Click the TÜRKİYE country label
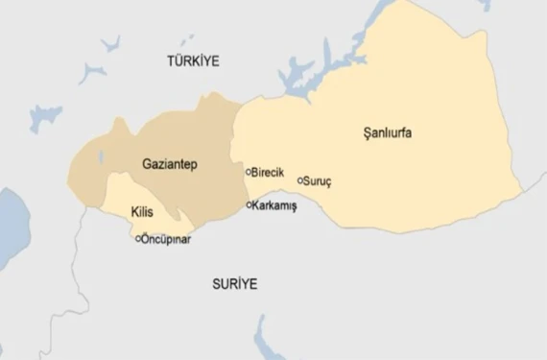point(193,60)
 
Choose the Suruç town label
point(318,180)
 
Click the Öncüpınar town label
point(167,238)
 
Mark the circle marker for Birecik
point(249,173)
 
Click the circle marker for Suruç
point(300,180)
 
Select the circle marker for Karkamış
point(250,204)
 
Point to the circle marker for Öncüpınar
point(139,238)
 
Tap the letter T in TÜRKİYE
point(170,60)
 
